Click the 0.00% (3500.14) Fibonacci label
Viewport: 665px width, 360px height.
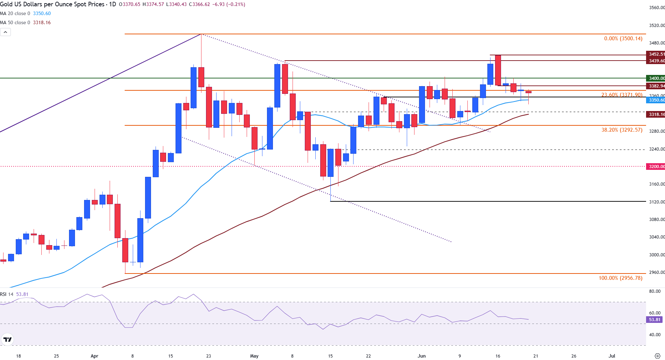coord(623,39)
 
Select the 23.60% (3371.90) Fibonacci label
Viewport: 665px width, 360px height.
coord(622,95)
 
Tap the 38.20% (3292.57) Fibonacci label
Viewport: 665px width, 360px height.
coord(622,130)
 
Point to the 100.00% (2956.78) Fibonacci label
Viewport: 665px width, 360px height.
coord(620,278)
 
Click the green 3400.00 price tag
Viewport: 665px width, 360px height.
coord(656,78)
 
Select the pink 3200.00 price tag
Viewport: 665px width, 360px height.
coord(656,167)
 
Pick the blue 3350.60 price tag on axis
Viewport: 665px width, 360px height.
coord(656,100)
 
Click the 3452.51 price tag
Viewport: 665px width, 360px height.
coord(656,54)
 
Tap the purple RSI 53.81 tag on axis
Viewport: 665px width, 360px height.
coord(654,320)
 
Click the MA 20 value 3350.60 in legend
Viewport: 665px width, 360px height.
coord(42,14)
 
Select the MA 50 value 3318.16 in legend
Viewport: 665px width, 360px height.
coord(42,23)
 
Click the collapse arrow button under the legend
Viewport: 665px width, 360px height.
coord(6,32)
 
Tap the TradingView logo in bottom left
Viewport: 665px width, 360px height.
coord(7,339)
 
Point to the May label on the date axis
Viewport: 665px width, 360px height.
coord(254,356)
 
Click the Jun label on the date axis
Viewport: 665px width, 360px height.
coord(421,356)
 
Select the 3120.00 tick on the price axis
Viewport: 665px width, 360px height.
coord(656,202)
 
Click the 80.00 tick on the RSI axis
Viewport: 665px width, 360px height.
coord(654,291)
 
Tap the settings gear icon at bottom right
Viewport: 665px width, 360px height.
coord(658,356)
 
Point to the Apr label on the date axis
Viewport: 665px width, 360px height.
coord(94,356)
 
